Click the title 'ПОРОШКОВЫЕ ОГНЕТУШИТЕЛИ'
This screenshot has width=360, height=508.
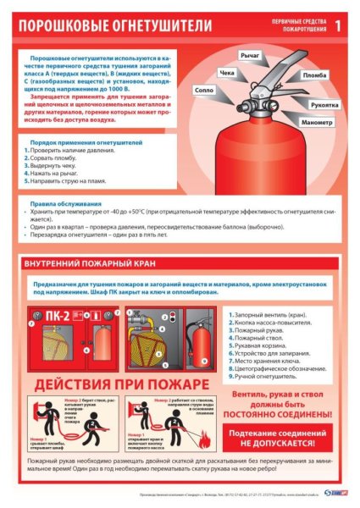(114, 25)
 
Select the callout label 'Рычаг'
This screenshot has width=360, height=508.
(249, 55)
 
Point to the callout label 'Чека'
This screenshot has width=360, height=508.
(226, 74)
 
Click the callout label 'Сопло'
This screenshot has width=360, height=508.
(203, 89)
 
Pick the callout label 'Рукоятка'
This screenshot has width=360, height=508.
(324, 105)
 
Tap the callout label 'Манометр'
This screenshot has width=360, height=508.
(316, 124)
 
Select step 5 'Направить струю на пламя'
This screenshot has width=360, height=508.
(67, 180)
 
